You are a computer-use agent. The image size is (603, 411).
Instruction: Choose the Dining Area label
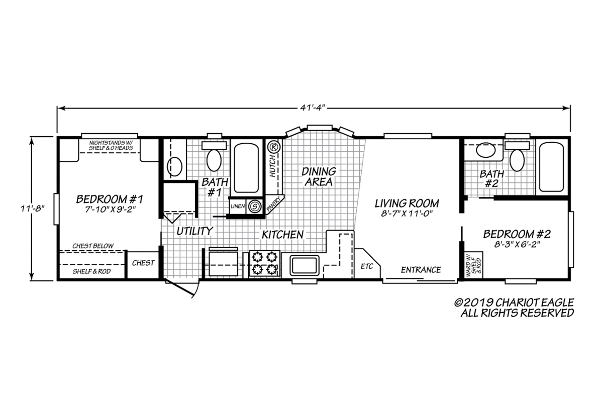coord(318,176)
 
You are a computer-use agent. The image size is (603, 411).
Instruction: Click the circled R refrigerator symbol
coord(273,148)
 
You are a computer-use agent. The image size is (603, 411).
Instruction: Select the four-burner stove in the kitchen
coord(265,264)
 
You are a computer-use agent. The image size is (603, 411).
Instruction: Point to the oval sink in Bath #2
coord(485,150)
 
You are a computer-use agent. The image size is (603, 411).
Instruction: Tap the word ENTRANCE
coord(421,270)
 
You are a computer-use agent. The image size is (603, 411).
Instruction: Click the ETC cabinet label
coord(367,266)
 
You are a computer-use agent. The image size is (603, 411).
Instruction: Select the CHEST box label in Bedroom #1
coord(143,263)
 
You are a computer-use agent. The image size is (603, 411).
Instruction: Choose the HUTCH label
coord(272,166)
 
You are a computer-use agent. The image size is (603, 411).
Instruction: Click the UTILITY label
coord(194,231)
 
